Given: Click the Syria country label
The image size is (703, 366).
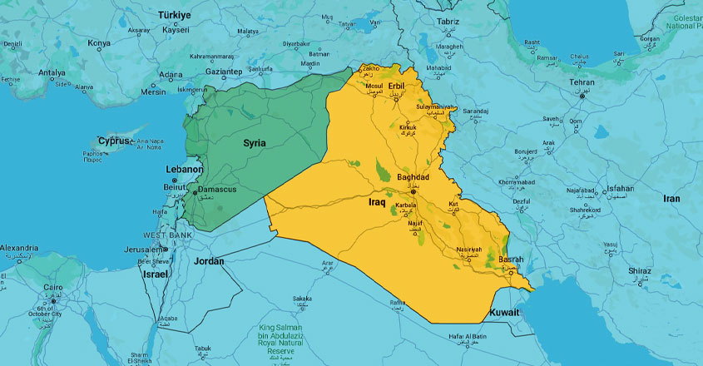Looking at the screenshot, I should coord(255,143).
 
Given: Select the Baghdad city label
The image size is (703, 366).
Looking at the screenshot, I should coord(413,178).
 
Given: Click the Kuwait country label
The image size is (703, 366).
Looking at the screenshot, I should coord(504,313).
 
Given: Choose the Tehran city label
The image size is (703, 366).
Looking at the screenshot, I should coord(582,83).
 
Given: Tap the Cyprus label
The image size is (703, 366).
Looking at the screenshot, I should coord(114,141).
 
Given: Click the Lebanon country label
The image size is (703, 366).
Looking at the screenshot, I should coord(185,169).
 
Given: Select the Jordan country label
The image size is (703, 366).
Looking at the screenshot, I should coord(209,261).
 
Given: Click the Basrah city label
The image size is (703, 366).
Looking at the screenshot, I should coord(511,260).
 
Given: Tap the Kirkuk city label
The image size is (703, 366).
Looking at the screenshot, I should coord(408,128).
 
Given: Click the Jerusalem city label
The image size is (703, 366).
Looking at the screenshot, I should coord(139,250).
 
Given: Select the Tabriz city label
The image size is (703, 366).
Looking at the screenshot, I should coord(447,21).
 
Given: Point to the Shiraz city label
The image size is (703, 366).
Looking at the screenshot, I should coord(640,271).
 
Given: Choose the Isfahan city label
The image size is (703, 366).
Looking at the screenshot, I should coord(620,189).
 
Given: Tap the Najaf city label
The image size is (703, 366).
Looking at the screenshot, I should coord(416,224).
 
